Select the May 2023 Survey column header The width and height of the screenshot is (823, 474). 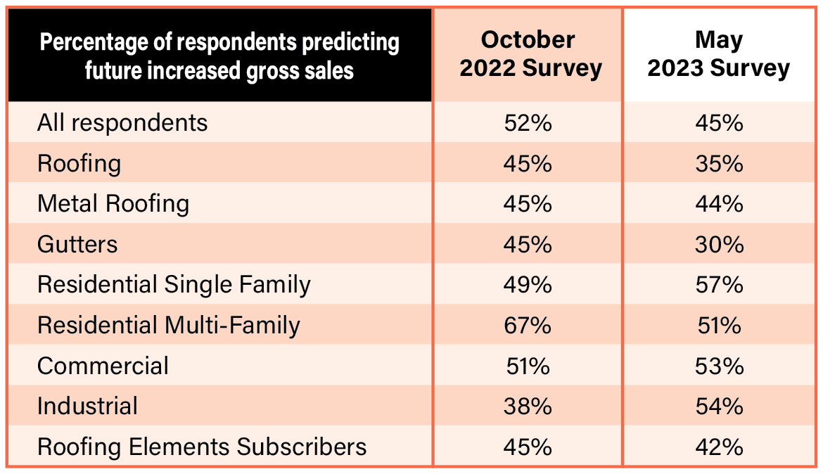click(718, 53)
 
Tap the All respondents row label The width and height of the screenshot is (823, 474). click(122, 123)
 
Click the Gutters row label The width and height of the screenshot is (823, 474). click(77, 245)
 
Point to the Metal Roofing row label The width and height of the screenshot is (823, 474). click(113, 204)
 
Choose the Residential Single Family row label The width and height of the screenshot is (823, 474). click(174, 285)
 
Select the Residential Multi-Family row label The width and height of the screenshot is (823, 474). click(169, 326)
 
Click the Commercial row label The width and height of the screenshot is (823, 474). click(103, 366)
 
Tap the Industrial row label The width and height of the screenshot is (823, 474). click(87, 406)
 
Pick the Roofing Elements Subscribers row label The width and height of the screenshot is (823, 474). click(202, 447)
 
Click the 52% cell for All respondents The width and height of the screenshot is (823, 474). click(528, 123)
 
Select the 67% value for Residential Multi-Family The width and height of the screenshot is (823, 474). click(528, 326)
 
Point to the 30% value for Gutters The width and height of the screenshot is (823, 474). click(718, 245)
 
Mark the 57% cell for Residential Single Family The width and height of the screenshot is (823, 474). click(718, 285)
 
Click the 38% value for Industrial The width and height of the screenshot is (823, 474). click(528, 406)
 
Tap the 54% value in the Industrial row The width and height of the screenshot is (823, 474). click(718, 406)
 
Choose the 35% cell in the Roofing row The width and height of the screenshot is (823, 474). click(718, 164)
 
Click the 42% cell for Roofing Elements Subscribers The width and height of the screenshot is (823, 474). click(718, 447)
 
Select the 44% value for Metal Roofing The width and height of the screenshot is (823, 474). click(718, 204)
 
